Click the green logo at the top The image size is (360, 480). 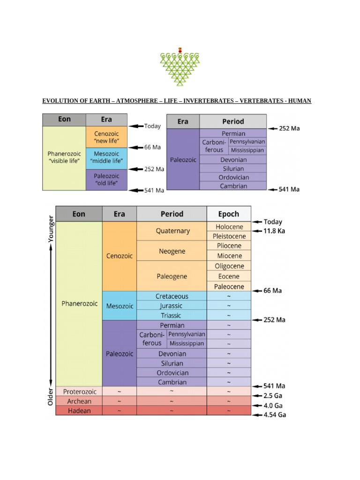[180, 67]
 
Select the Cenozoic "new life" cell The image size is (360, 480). [107, 137]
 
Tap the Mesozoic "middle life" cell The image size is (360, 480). [107, 158]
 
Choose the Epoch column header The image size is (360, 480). [229, 214]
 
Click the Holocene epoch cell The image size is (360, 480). [229, 227]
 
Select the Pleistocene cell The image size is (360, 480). [229, 236]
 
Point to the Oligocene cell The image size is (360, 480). [229, 266]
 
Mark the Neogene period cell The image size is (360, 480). [172, 251]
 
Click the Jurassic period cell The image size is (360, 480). [172, 306]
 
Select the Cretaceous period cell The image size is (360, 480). [172, 296]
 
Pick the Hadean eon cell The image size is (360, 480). [79, 411]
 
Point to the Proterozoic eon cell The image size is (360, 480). [79, 391]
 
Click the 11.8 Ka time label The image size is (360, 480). [274, 231]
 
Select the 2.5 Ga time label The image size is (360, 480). [274, 396]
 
